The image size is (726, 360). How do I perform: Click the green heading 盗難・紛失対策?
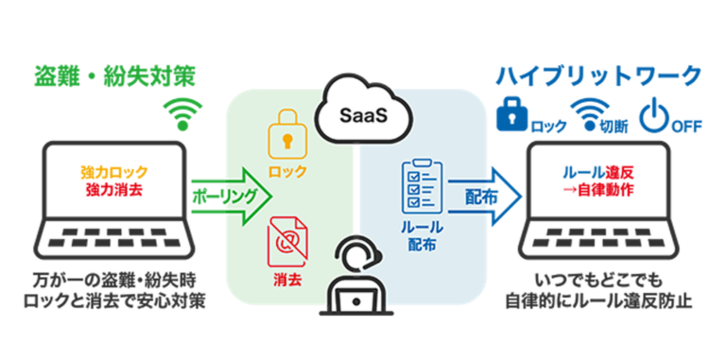coord(115,75)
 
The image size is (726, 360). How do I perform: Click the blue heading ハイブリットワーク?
coord(600,75)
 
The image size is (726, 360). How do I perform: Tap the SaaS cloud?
coord(362,115)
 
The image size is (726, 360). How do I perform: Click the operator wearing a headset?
coord(362,279)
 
